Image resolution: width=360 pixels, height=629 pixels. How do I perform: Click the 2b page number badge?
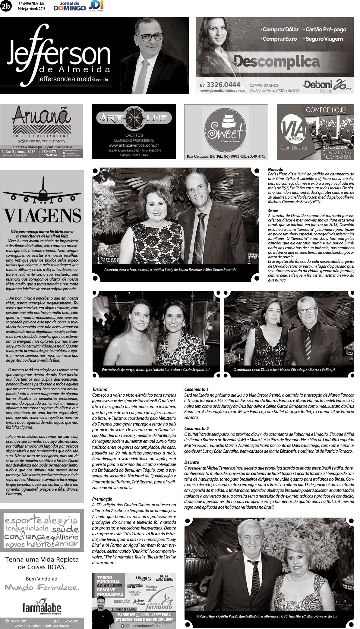[6, 6]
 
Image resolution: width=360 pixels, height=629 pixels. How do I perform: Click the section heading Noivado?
[275, 169]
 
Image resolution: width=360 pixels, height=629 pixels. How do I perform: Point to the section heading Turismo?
[100, 389]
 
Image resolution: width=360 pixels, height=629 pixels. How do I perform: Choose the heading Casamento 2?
[196, 428]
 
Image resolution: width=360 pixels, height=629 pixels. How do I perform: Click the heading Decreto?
[191, 462]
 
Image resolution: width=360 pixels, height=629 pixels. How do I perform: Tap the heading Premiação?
[102, 499]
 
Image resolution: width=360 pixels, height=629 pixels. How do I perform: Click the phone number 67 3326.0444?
[220, 85]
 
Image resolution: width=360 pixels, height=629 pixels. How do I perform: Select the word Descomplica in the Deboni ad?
[276, 62]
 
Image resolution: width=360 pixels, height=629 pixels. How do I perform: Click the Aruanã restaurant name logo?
[42, 116]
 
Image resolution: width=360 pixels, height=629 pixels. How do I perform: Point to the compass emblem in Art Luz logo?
[134, 118]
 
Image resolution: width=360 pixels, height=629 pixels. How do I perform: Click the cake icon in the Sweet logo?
[226, 121]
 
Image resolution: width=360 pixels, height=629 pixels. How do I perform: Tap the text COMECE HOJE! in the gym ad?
[326, 110]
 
